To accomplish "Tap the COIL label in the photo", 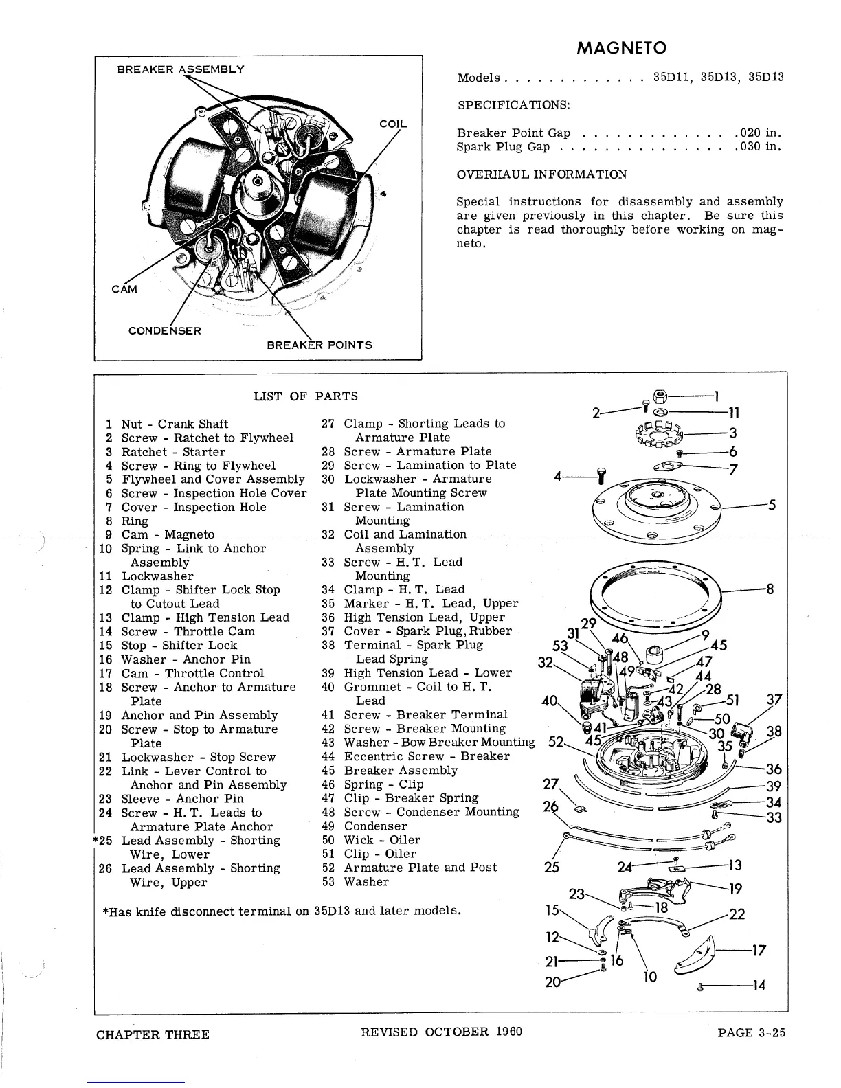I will (393, 124).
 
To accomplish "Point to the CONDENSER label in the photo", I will (165, 330).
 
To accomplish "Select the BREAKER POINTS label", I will (319, 345).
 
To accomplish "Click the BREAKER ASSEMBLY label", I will (181, 69).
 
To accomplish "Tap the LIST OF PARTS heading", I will (305, 396).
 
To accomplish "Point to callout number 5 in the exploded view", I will (772, 506).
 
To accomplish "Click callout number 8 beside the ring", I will (770, 589).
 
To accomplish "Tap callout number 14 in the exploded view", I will (759, 986).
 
